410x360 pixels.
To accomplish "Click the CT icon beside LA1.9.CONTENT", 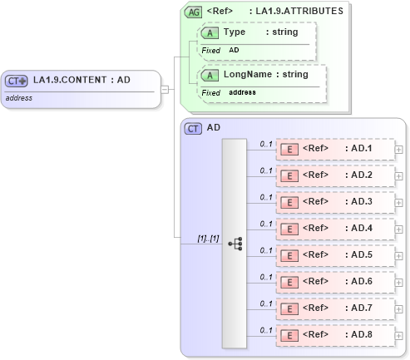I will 17,81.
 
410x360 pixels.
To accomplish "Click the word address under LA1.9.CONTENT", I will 18,97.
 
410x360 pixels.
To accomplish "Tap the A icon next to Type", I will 211,32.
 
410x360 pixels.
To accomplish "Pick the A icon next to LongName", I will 211,75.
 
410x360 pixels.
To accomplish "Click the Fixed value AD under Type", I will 234,50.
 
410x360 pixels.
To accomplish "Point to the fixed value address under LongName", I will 242,92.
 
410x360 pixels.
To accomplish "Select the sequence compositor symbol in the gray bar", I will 235,244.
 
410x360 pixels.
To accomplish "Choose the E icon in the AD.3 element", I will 290,202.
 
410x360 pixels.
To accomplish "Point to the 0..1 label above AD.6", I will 266,277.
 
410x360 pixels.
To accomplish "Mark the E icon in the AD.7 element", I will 290,308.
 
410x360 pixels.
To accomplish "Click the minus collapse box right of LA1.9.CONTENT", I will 165,89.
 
